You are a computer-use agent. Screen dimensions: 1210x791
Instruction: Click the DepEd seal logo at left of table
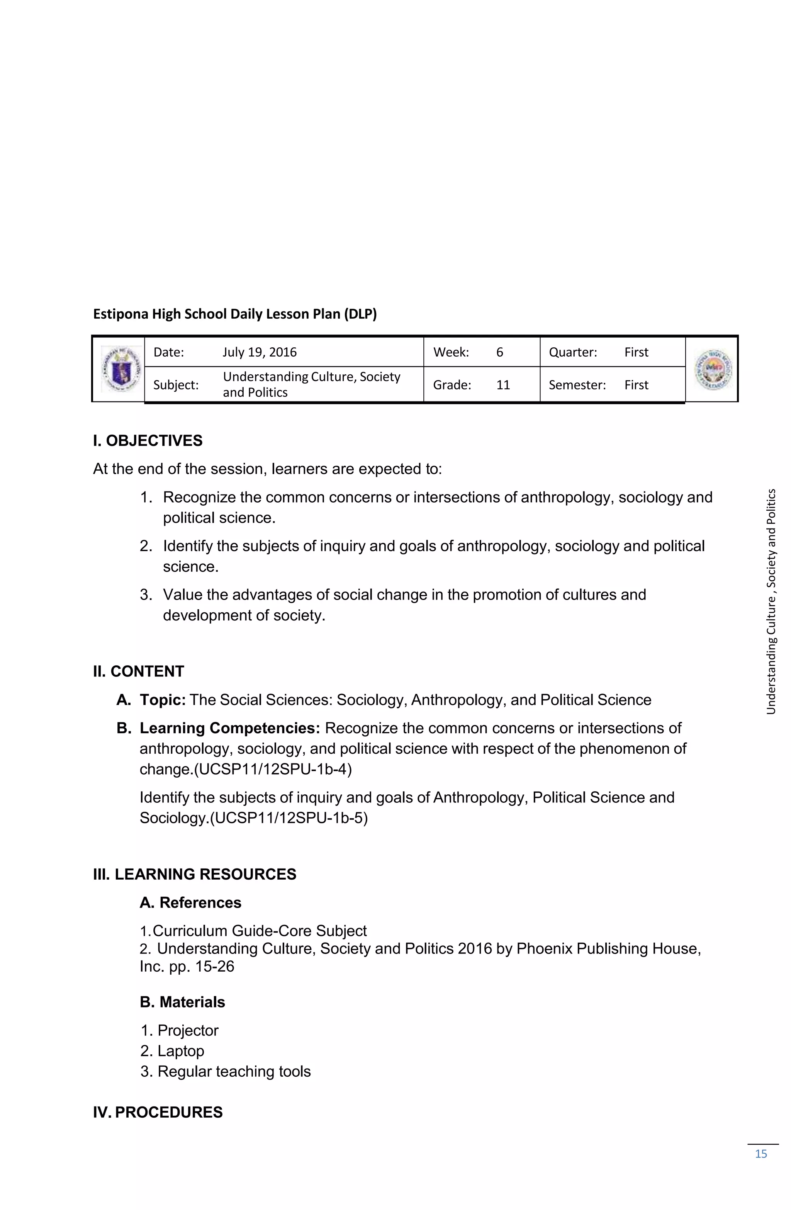pos(121,369)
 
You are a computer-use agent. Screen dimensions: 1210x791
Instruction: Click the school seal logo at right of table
pos(712,369)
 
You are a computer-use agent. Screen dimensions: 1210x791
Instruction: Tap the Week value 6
pos(499,352)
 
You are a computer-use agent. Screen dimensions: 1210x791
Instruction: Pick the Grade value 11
pos(503,384)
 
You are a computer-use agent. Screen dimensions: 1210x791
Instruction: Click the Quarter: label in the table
pos(572,352)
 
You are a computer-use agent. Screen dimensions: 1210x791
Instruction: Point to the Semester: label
pos(577,384)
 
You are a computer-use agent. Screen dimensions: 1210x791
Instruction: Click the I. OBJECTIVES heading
pos(148,440)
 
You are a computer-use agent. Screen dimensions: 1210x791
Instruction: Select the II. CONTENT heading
pos(138,671)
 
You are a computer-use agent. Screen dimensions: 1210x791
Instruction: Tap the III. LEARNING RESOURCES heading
pos(194,874)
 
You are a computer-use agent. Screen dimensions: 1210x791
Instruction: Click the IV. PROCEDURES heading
pos(158,1112)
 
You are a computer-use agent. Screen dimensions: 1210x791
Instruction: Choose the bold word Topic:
pos(163,700)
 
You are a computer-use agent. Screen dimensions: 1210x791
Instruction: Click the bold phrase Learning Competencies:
pos(230,727)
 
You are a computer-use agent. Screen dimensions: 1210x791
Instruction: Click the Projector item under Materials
pos(188,1030)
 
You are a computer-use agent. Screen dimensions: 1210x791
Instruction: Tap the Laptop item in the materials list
pos(180,1050)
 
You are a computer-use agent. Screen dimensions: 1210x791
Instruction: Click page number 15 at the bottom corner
pos(760,1154)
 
